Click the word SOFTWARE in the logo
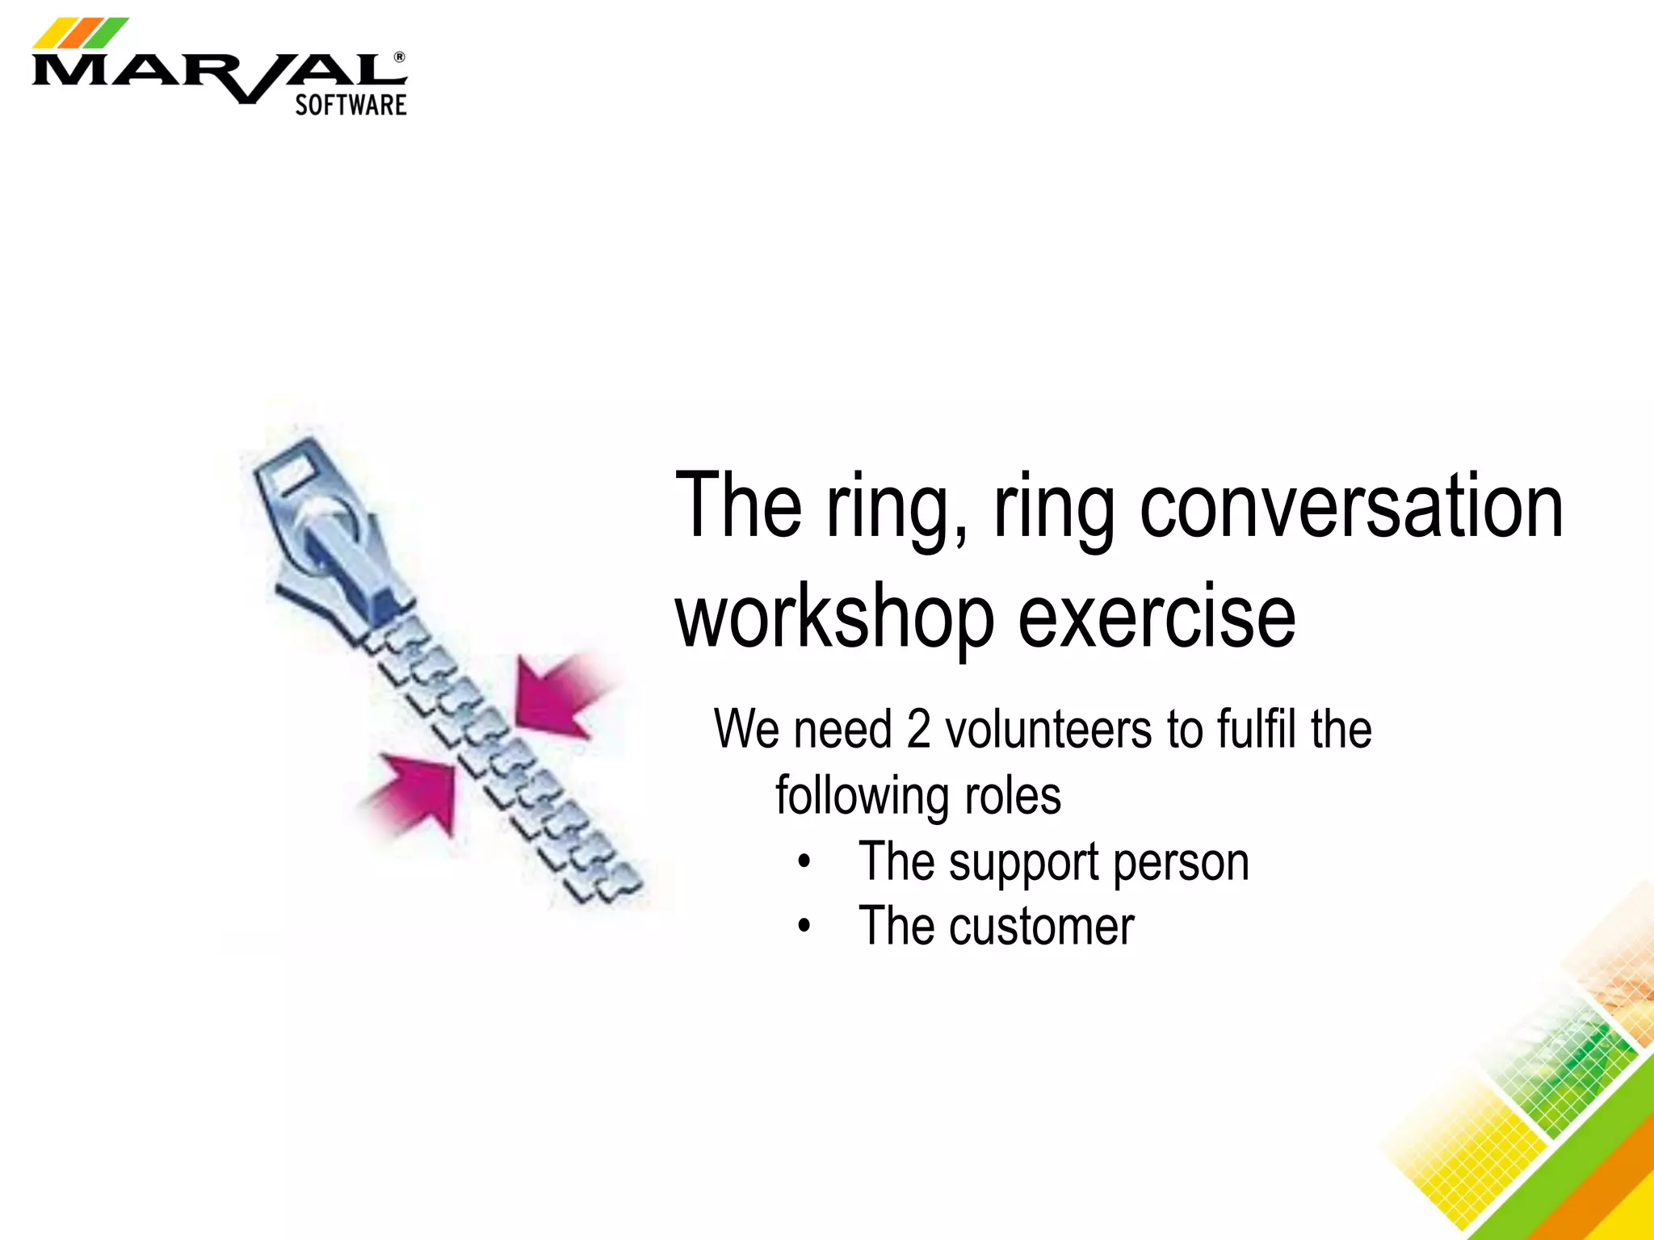point(351,105)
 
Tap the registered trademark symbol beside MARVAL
point(399,58)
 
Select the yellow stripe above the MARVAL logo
point(50,34)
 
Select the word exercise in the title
point(1157,618)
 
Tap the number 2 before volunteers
point(919,730)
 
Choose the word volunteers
point(1049,730)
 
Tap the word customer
point(1042,927)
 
